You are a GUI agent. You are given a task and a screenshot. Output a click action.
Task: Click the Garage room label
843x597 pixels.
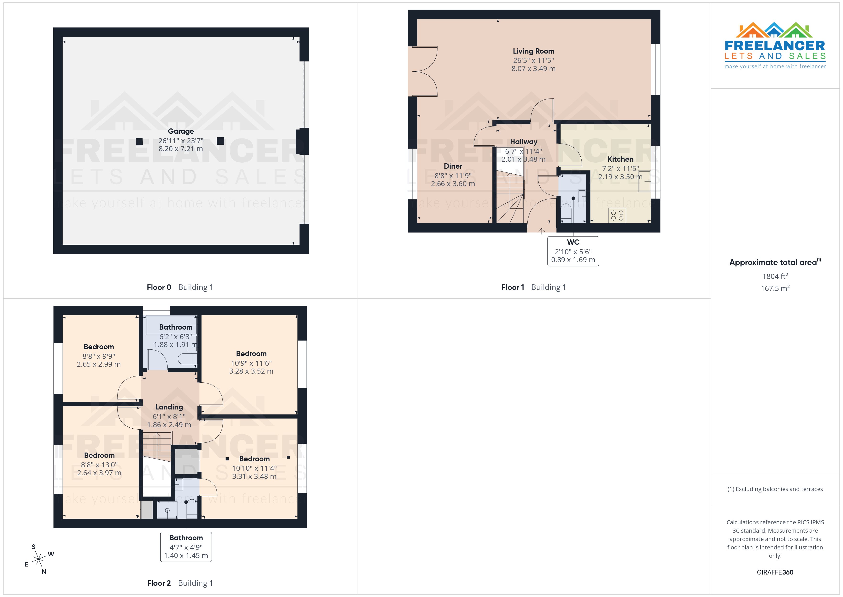point(181,131)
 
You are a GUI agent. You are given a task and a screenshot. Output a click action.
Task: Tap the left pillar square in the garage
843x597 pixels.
point(139,142)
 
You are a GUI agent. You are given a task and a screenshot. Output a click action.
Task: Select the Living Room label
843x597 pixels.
point(533,51)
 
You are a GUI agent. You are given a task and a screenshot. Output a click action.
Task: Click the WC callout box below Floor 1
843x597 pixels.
point(573,251)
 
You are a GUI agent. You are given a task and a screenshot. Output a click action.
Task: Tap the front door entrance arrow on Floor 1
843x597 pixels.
point(541,231)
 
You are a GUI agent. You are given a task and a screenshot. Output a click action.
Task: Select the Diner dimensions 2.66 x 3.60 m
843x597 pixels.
point(453,184)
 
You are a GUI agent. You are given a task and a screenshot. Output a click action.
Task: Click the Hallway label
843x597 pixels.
point(523,142)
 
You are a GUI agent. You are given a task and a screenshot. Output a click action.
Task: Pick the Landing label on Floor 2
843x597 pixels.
point(169,407)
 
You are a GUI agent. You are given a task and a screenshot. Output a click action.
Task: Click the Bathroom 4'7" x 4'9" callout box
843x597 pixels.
point(186,547)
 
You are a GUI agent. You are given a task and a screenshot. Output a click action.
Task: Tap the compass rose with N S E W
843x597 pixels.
point(38,559)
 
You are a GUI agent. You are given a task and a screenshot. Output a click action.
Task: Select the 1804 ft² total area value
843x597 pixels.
point(775,276)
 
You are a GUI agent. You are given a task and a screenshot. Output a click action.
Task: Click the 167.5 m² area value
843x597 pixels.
point(775,288)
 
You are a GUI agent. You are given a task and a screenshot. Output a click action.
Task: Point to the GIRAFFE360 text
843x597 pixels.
point(775,572)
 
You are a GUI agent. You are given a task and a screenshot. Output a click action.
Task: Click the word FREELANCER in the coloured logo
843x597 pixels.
point(775,46)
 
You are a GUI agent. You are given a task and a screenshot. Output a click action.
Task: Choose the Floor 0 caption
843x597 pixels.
point(159,287)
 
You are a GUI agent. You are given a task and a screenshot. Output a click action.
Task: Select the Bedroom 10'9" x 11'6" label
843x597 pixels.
point(251,354)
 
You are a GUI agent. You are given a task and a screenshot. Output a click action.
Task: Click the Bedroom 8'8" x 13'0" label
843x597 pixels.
point(99,455)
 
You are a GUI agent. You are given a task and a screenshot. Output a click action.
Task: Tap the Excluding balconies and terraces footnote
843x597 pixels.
point(775,489)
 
